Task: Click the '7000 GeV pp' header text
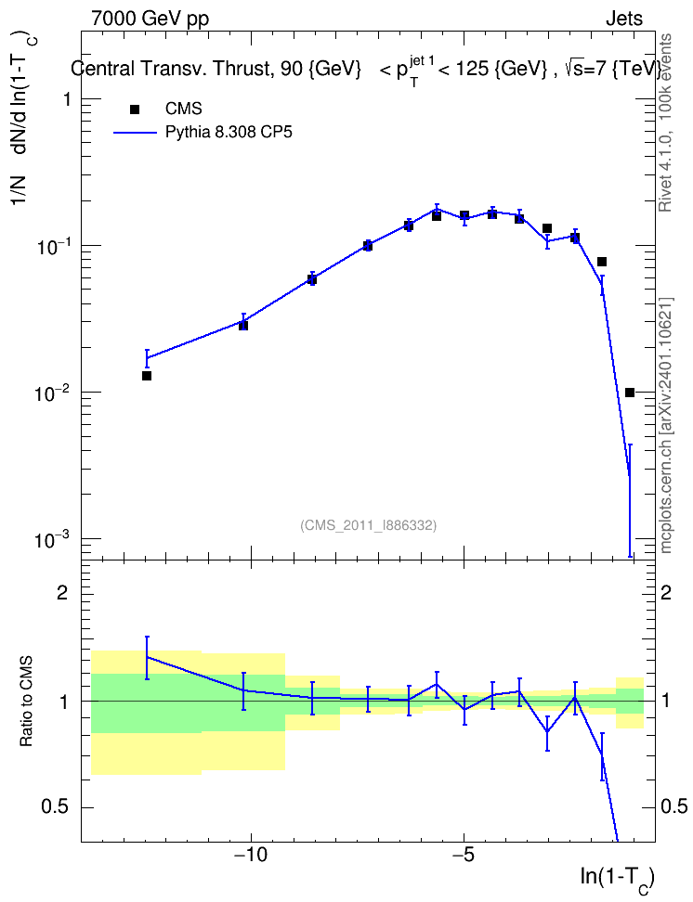click(150, 19)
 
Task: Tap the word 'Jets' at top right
click(624, 19)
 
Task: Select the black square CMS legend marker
click(135, 109)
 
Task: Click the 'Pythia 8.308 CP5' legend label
click(229, 133)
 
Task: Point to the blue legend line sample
click(135, 133)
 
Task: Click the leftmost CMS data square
click(147, 376)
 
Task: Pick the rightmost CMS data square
click(630, 393)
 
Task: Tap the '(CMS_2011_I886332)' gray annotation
click(368, 525)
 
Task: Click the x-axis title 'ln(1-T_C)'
click(617, 879)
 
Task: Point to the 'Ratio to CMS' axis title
click(27, 701)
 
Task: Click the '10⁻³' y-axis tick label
click(52, 538)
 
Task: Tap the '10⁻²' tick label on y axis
click(52, 392)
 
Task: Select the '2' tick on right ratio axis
click(666, 593)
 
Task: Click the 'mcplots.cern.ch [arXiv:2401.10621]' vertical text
click(666, 426)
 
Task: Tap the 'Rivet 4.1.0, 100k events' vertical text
click(665, 122)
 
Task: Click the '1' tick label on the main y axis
click(67, 99)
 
